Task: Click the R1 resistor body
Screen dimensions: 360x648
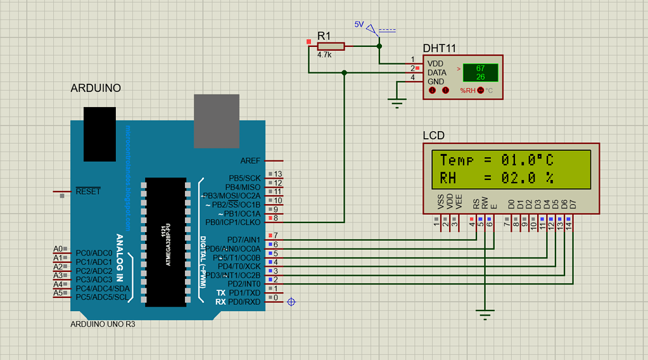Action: tap(331, 46)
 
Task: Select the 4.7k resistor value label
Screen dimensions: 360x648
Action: tap(324, 55)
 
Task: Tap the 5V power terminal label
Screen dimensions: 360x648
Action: tap(359, 25)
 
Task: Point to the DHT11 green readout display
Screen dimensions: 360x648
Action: tap(480, 72)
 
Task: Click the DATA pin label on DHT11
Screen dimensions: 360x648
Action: tap(436, 72)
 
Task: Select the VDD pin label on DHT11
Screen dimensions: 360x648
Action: tap(435, 64)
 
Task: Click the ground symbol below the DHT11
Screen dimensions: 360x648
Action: tap(398, 103)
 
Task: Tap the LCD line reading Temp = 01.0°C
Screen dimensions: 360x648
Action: tap(497, 160)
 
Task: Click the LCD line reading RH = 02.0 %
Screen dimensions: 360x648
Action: tap(497, 178)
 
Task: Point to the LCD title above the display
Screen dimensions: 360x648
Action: tap(433, 135)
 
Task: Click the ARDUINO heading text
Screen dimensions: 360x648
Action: tap(95, 88)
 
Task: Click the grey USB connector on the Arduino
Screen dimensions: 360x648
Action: tap(216, 121)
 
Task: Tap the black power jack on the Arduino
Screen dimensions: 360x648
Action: tap(99, 134)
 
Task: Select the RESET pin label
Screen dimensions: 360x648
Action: tap(88, 191)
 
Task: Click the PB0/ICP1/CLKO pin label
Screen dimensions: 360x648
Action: tap(232, 222)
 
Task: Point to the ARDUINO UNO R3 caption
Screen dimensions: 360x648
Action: tap(103, 324)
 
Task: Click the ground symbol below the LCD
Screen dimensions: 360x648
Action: tap(485, 313)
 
